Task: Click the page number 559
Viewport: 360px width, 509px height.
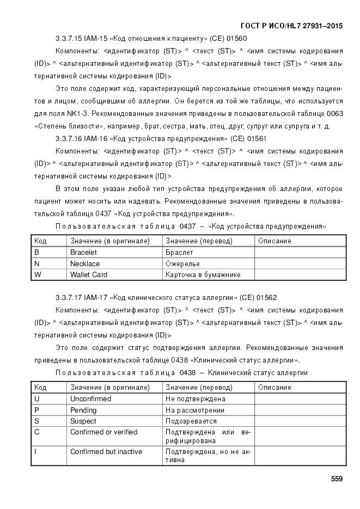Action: (x=337, y=479)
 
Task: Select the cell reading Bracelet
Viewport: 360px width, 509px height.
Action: (x=83, y=252)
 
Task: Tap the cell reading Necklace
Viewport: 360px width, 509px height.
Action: (x=85, y=263)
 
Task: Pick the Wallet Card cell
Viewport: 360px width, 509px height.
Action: (x=89, y=275)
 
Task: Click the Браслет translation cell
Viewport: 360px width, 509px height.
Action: (x=179, y=252)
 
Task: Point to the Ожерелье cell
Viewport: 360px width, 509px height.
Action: (x=182, y=263)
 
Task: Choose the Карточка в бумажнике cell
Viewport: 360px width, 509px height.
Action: (x=203, y=275)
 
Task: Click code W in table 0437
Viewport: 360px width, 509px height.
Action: (x=38, y=275)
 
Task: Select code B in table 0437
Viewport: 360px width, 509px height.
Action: (x=36, y=252)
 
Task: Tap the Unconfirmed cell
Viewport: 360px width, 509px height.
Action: (x=90, y=399)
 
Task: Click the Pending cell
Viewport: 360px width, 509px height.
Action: (x=83, y=410)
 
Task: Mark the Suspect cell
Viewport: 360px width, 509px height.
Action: (x=83, y=421)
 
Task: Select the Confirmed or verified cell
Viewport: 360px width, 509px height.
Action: (x=103, y=432)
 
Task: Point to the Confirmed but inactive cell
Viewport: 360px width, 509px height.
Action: (x=106, y=452)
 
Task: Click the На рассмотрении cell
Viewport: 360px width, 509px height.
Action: (x=195, y=410)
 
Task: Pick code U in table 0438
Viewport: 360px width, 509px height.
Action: (x=36, y=399)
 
